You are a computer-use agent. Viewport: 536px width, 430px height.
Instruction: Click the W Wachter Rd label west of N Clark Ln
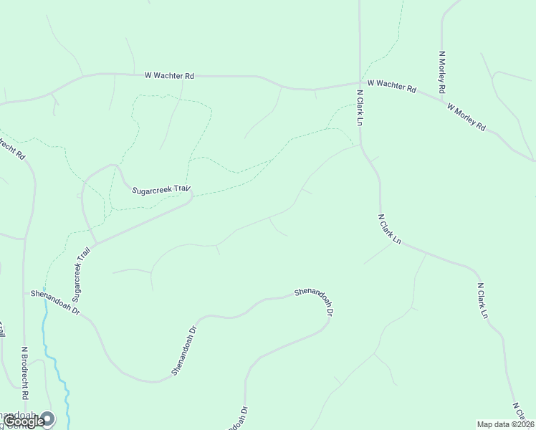coord(169,75)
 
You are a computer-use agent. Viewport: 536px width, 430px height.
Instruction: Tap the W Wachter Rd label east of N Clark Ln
coord(391,86)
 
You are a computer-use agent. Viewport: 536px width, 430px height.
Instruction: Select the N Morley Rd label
coord(442,72)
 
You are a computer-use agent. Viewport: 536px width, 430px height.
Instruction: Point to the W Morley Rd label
coord(466,118)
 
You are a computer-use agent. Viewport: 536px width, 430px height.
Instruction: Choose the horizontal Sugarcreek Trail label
coord(163,190)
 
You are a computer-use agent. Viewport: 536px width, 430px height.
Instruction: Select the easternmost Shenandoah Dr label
coord(315,302)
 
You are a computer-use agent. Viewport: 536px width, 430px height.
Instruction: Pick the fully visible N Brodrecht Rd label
coord(24,373)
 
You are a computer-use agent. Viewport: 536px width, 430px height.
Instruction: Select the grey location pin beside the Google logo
coord(47,417)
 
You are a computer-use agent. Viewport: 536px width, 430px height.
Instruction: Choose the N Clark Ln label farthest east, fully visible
coord(483,301)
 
